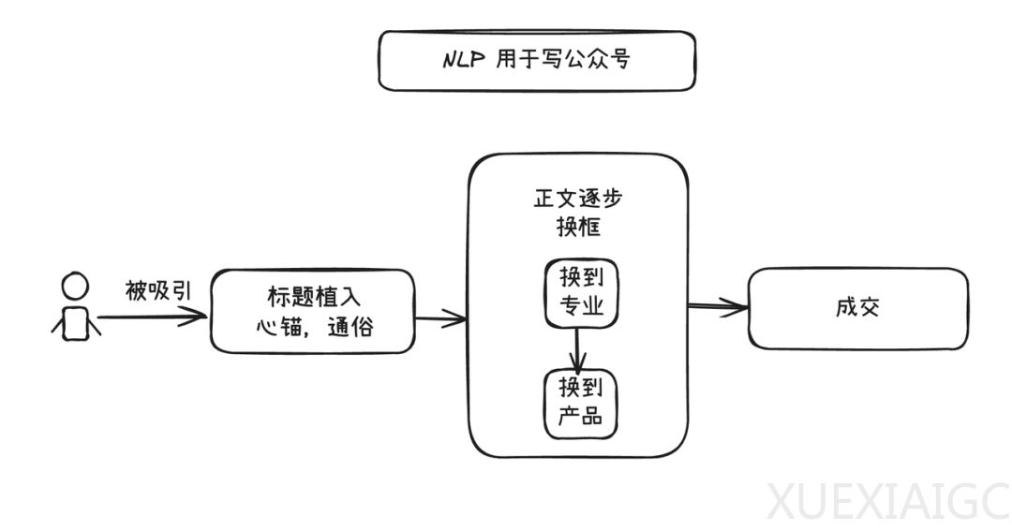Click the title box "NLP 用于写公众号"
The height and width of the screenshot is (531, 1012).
pyautogui.click(x=536, y=61)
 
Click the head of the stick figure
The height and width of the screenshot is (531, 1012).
pyautogui.click(x=74, y=285)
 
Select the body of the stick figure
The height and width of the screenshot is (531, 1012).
pyautogui.click(x=75, y=322)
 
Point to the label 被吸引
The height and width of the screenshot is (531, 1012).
pyautogui.click(x=157, y=291)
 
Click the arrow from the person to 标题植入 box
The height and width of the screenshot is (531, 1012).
pyautogui.click(x=150, y=317)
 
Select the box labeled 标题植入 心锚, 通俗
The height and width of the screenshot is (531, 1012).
pyautogui.click(x=312, y=311)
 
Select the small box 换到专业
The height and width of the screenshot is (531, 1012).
pyautogui.click(x=580, y=293)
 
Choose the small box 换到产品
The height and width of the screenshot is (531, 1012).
pyautogui.click(x=581, y=404)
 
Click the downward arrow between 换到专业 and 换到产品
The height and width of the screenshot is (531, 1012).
pyautogui.click(x=580, y=348)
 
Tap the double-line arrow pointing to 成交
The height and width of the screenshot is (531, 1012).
pyautogui.click(x=718, y=305)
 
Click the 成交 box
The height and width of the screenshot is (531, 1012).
pyautogui.click(x=857, y=308)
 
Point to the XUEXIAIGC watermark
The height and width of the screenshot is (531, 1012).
pyautogui.click(x=886, y=501)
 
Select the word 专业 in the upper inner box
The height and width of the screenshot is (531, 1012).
pyautogui.click(x=580, y=307)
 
